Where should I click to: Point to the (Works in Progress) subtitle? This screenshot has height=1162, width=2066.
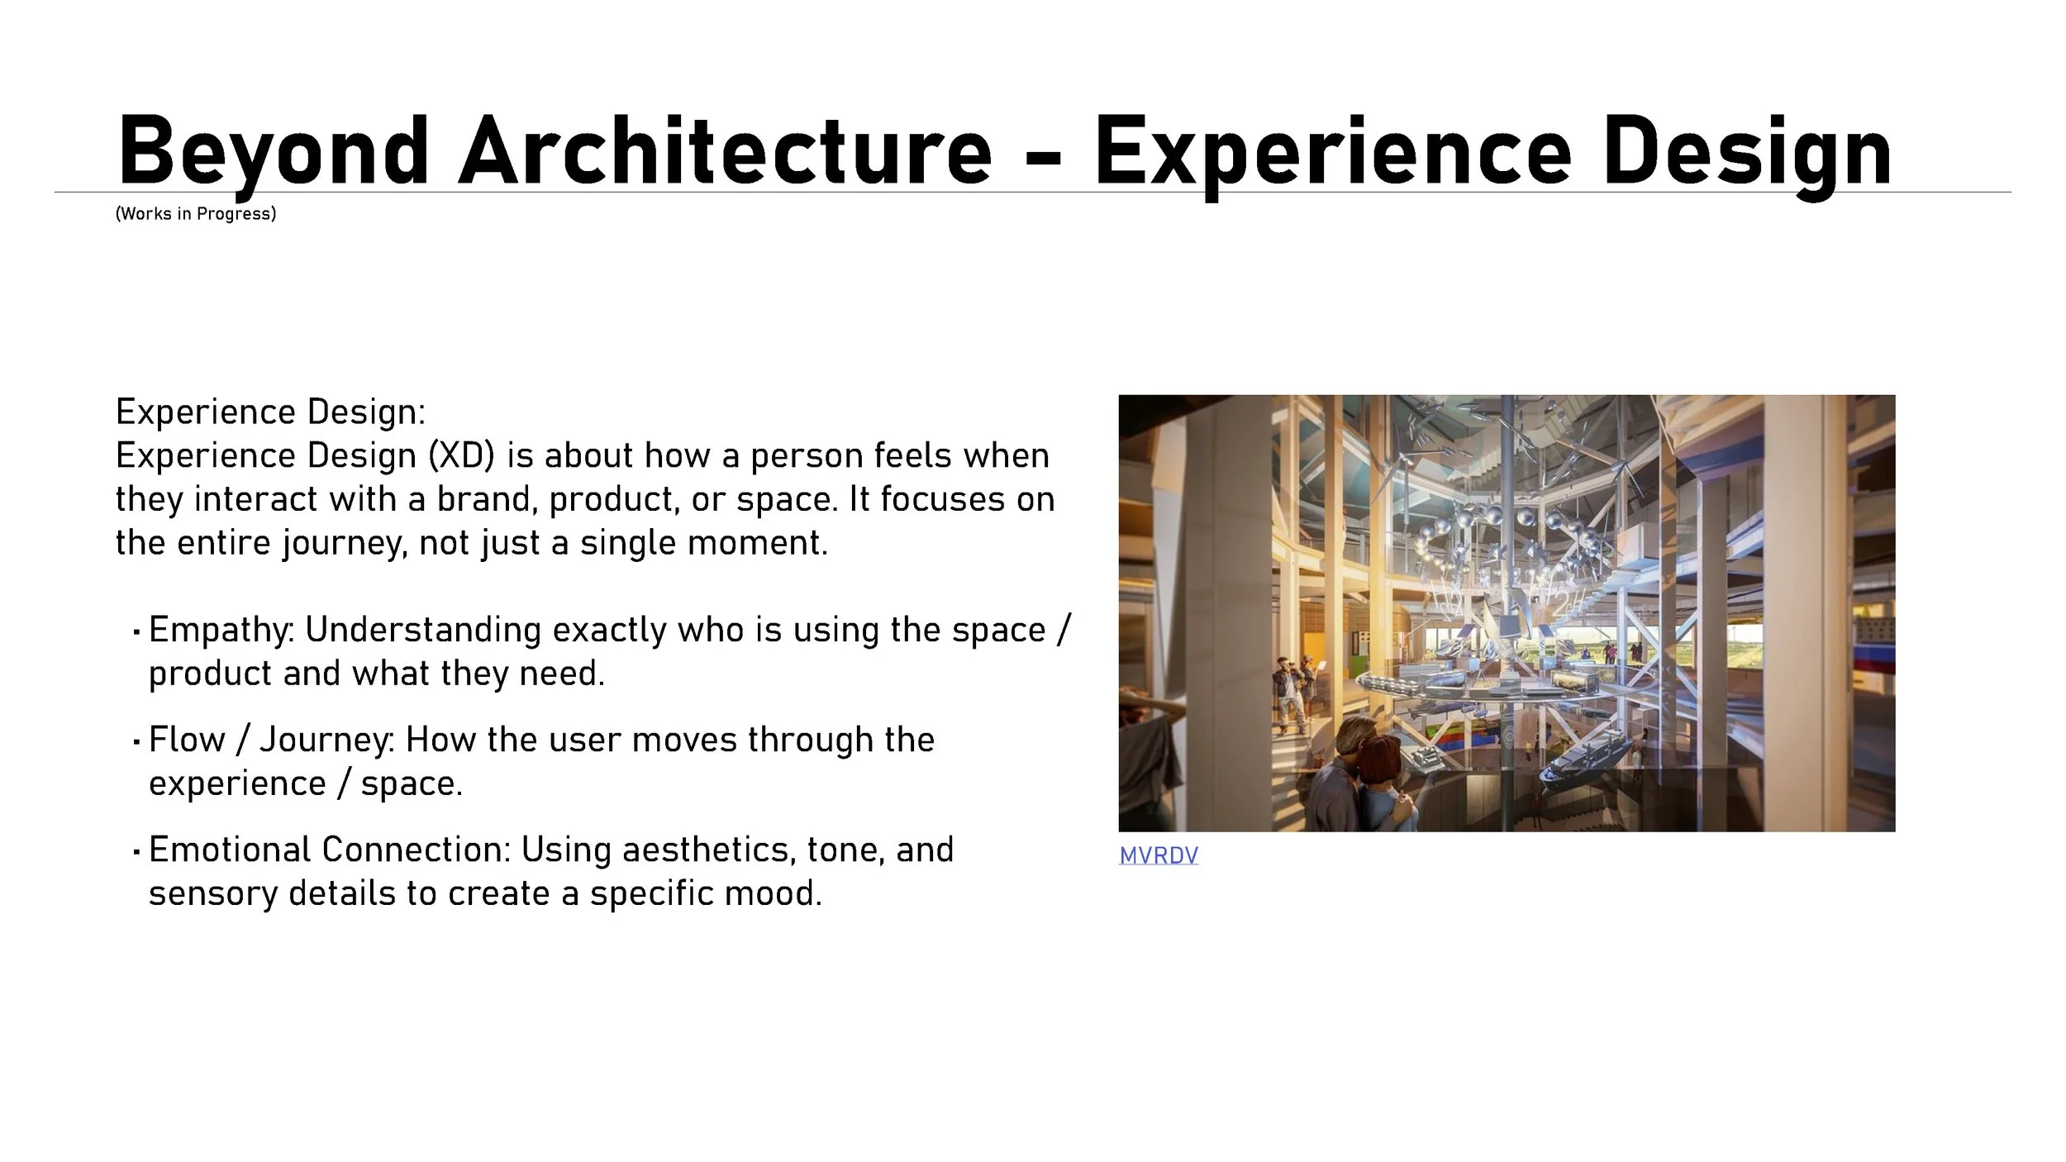pos(196,214)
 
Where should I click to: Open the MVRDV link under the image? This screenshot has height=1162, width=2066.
pos(1158,855)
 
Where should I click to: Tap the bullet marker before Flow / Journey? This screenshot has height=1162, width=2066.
pos(136,741)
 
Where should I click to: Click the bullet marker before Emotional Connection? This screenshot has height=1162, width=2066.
pos(136,851)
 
